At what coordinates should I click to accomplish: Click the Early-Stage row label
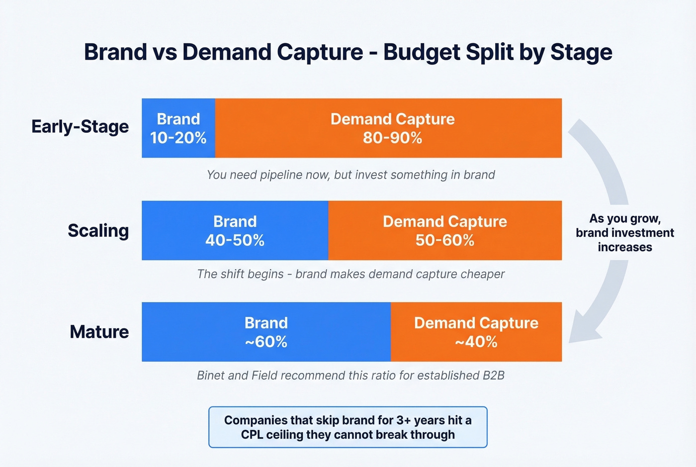[x=80, y=127]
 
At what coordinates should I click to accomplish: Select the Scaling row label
[x=98, y=231]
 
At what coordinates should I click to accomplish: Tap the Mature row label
[x=99, y=332]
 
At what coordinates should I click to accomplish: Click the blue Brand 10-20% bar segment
[x=178, y=128]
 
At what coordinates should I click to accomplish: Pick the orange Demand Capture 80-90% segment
[x=392, y=128]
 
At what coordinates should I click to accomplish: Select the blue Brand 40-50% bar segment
[x=235, y=231]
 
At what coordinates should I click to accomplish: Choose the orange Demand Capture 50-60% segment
[x=444, y=231]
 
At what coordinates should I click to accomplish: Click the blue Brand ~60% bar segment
[x=266, y=332]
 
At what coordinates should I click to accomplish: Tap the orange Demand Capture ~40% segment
[x=476, y=332]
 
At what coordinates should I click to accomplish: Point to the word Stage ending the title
[x=581, y=53]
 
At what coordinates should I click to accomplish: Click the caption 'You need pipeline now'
[x=350, y=175]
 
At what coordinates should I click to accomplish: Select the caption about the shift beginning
[x=350, y=274]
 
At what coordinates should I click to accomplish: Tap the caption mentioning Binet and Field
[x=350, y=375]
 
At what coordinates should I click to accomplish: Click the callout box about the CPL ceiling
[x=348, y=427]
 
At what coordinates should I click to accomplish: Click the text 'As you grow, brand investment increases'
[x=624, y=233]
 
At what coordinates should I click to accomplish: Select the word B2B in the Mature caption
[x=493, y=375]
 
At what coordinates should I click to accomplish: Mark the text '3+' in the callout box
[x=403, y=420]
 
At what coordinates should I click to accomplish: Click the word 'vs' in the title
[x=165, y=53]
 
